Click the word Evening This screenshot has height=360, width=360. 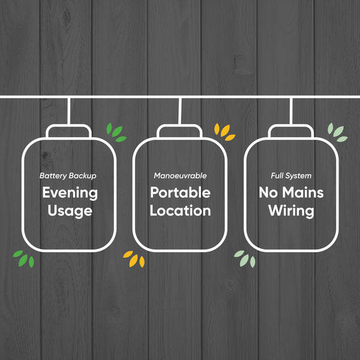(x=70, y=193)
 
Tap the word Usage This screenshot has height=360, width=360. (x=70, y=211)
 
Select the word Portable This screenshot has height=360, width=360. (x=180, y=193)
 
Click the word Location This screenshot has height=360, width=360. (x=180, y=211)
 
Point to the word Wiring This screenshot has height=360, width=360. (x=291, y=211)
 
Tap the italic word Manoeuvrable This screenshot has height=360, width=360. (x=180, y=176)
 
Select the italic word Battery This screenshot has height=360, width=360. (x=53, y=176)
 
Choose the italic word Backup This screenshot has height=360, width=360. (x=82, y=176)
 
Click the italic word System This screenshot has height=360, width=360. (x=299, y=176)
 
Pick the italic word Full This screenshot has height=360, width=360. (x=278, y=176)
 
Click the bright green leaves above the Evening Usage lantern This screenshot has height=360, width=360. (x=116, y=133)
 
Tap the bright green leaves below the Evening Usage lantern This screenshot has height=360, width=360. (x=23, y=259)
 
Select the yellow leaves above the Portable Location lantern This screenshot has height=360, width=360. (x=224, y=132)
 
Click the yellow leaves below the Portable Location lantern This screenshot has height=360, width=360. (x=134, y=259)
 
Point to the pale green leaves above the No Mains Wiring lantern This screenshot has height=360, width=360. (x=337, y=133)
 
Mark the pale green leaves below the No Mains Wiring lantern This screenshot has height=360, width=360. (x=245, y=259)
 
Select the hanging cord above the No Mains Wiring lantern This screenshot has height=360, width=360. (x=291, y=112)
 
